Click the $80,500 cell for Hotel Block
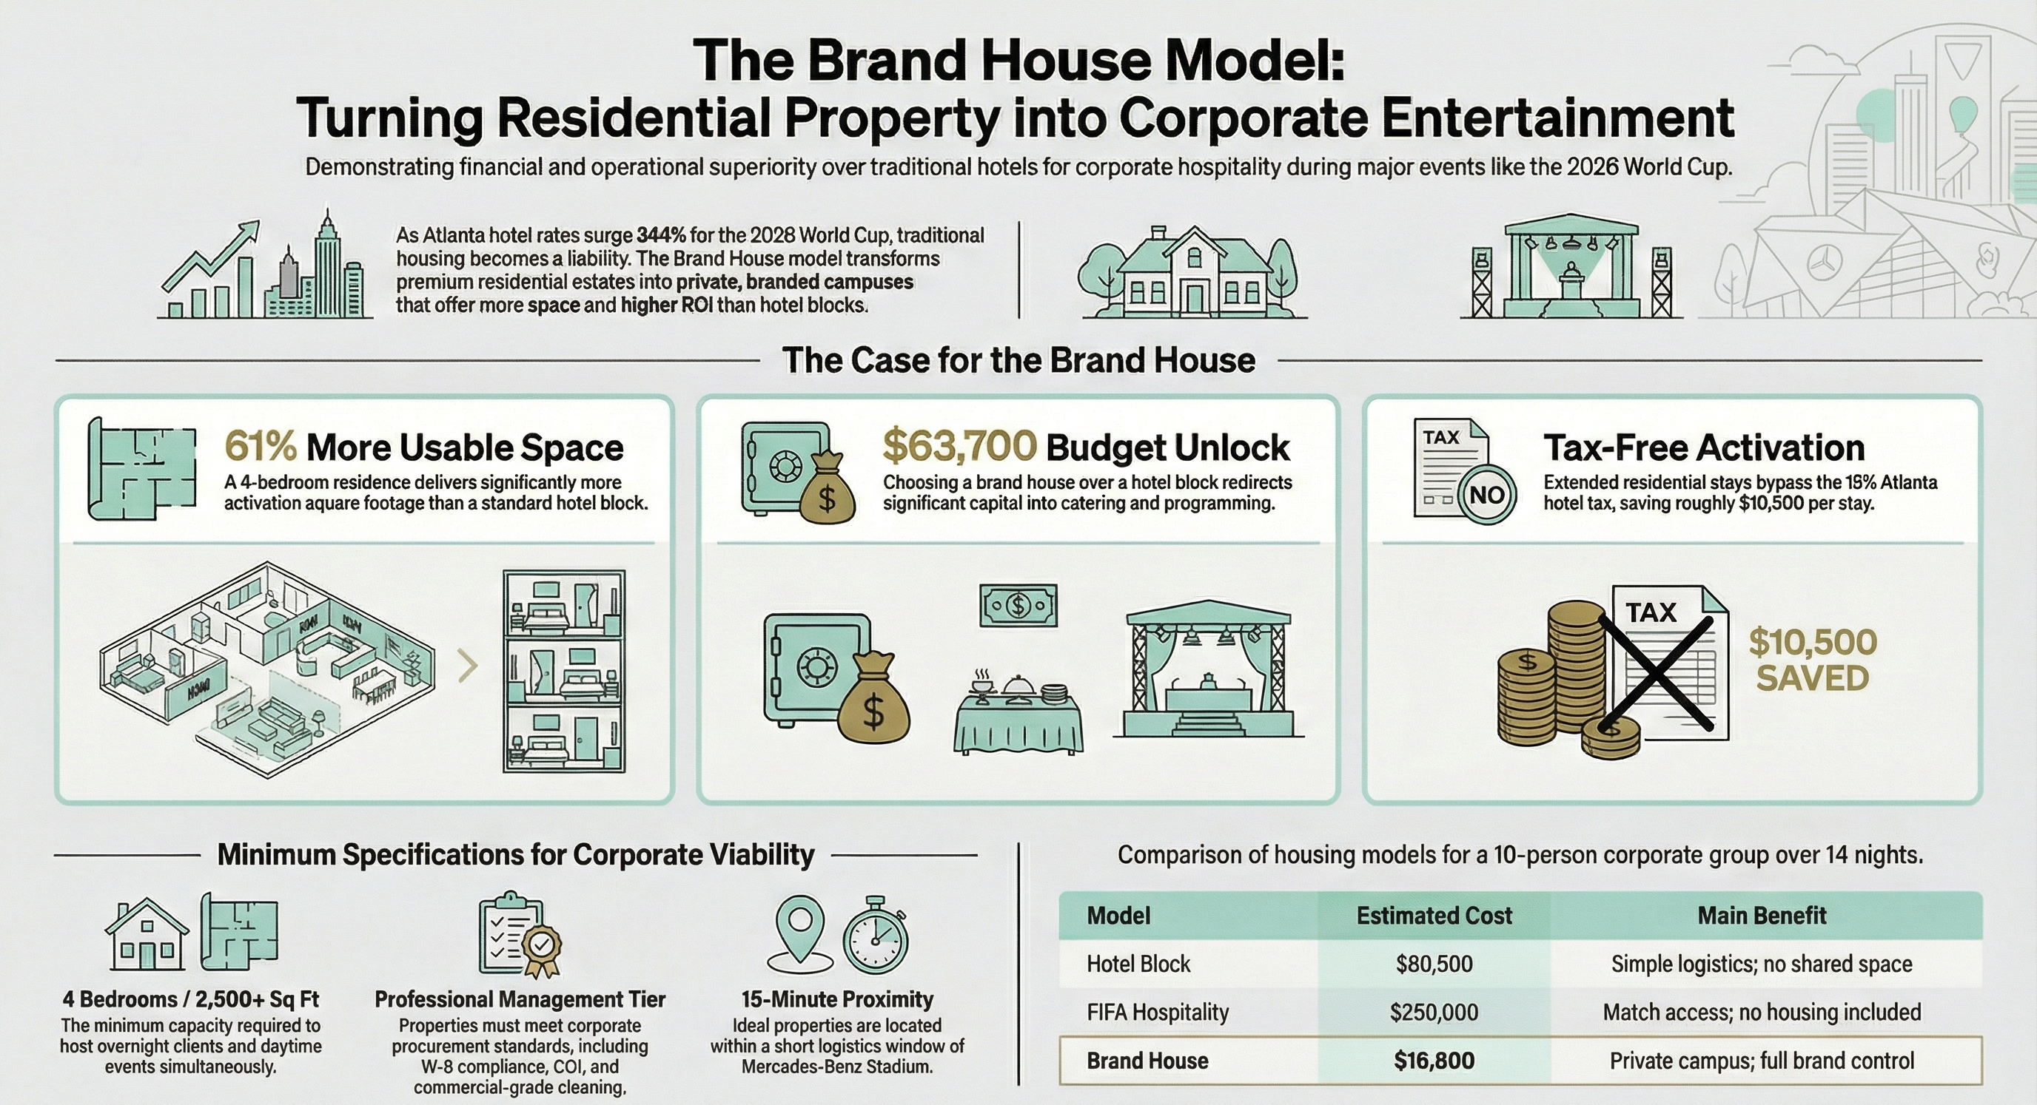pos(1434,964)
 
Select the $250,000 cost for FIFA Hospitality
pos(1434,1012)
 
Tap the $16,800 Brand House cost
pos(1434,1061)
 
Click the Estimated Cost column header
pos(1434,916)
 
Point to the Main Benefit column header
pos(1762,916)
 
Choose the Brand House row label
pos(1147,1061)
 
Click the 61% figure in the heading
pos(260,447)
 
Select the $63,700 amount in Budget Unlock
pos(959,447)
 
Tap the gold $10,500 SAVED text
pos(1813,660)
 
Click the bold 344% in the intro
pos(661,235)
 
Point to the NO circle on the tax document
pos(1486,495)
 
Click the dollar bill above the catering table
pos(1018,606)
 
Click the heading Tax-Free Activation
pos(1703,447)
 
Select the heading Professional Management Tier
pos(520,999)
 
